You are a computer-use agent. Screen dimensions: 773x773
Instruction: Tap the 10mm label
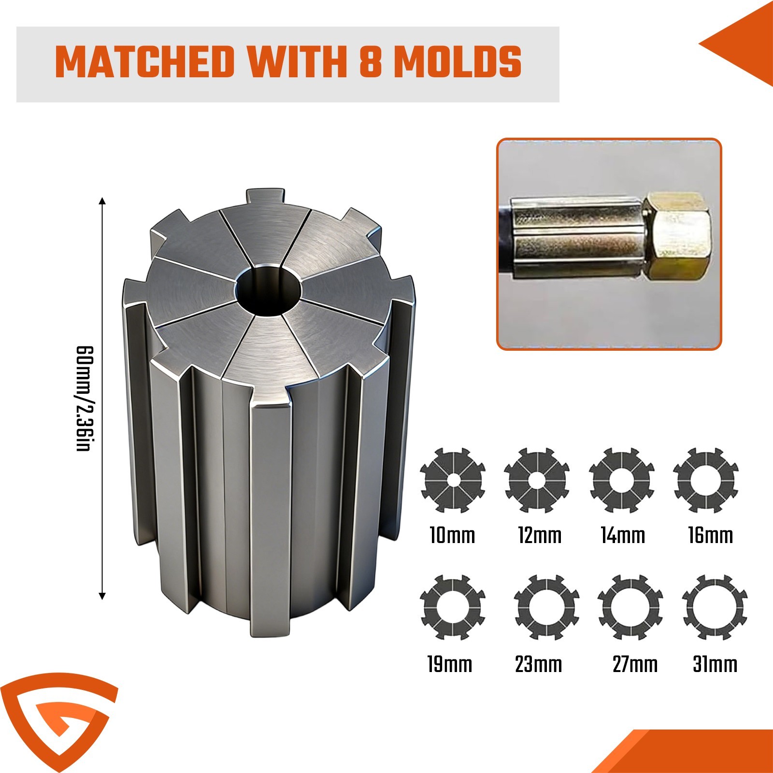453,535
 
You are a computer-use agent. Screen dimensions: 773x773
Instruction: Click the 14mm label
623,535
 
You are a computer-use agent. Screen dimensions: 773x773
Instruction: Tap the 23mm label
538,664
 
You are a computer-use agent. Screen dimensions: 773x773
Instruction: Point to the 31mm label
715,664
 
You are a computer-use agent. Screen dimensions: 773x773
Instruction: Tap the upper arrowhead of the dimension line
102,201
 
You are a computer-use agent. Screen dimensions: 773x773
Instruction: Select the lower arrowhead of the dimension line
102,595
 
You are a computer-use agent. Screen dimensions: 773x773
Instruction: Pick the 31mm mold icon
715,607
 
